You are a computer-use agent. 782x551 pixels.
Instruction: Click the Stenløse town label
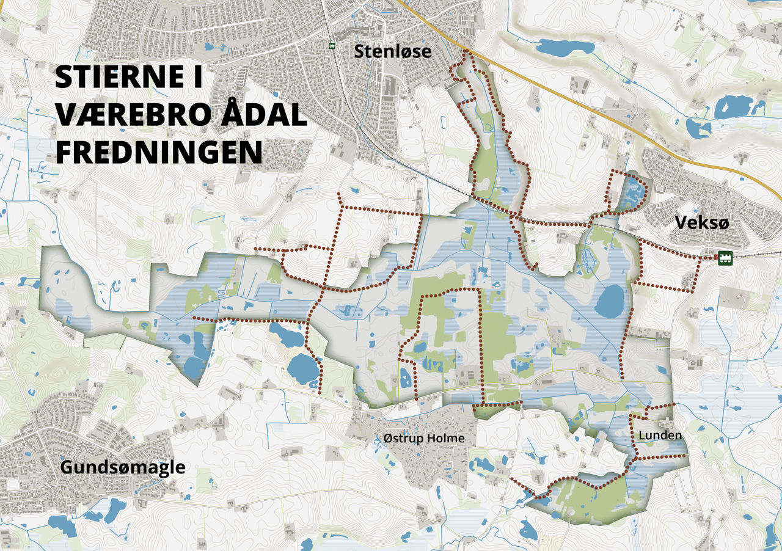coord(392,52)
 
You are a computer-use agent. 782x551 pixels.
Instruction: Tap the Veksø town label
coord(702,224)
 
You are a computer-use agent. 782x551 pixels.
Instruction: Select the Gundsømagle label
coord(123,468)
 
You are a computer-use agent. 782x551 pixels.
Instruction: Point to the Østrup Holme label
coord(424,439)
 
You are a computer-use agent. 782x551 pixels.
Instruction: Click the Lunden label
coord(659,436)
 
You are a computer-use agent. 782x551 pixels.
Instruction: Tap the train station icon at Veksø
coord(725,257)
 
